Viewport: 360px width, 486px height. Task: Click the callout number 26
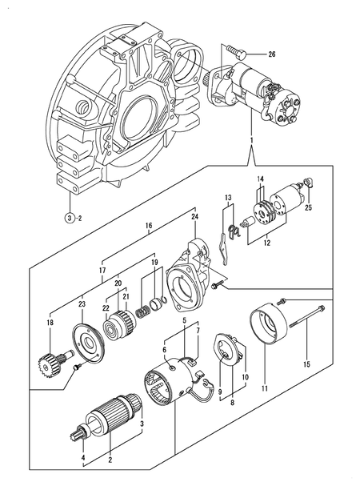coord(271,54)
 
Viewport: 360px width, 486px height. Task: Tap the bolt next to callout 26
coord(233,50)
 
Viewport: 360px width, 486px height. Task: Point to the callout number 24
coord(194,216)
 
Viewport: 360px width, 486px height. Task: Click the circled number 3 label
coord(70,218)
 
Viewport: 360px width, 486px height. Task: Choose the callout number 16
coord(148,227)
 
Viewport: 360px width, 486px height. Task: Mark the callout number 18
coord(50,323)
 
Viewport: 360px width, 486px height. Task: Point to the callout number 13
coord(228,197)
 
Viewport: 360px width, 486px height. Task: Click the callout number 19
coord(154,262)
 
